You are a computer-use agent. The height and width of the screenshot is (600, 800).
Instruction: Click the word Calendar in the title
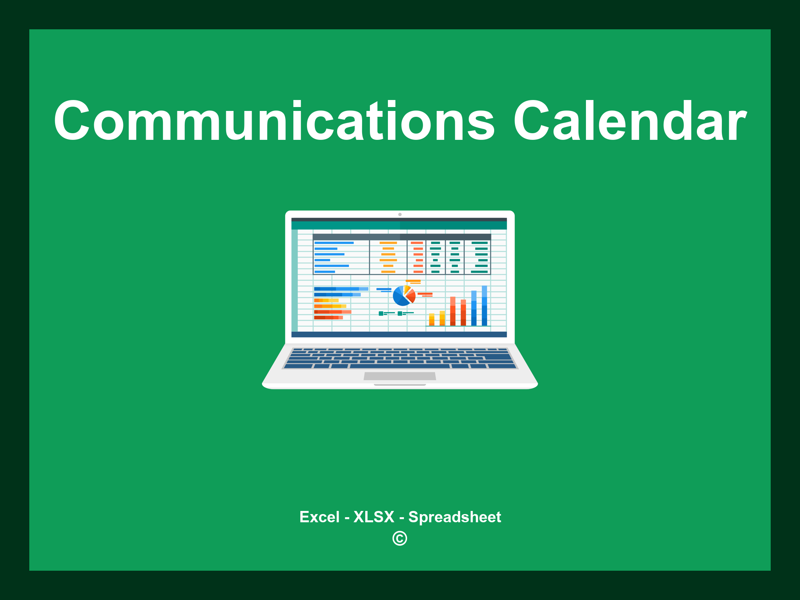[x=629, y=121]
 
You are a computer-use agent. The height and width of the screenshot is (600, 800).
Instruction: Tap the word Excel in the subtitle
[x=319, y=517]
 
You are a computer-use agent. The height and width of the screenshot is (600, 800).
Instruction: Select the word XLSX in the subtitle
[x=374, y=517]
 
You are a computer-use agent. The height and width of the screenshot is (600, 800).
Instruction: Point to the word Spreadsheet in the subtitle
[x=454, y=517]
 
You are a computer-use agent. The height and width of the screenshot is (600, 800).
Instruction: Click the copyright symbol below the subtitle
[x=400, y=539]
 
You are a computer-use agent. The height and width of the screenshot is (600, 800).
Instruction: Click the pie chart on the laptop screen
[x=404, y=296]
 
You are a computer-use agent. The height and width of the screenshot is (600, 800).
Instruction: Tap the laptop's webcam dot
[x=400, y=214]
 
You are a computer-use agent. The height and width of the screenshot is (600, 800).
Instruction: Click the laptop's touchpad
[x=400, y=376]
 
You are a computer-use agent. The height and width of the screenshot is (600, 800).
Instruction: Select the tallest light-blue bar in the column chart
[x=484, y=305]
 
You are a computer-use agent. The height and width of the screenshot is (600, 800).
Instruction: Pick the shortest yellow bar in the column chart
[x=432, y=320]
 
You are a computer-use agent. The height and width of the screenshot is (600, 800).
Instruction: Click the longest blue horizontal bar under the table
[x=341, y=289]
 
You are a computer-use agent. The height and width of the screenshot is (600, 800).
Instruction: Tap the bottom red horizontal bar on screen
[x=328, y=318]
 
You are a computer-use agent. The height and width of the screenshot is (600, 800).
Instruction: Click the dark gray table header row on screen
[x=402, y=237]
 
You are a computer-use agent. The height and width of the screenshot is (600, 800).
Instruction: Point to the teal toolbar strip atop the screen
[x=399, y=225]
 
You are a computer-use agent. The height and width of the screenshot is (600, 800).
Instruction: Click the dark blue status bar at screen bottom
[x=399, y=334]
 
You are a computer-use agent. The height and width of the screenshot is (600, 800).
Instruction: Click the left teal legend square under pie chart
[x=381, y=314]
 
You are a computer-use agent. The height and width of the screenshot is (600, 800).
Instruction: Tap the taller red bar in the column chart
[x=453, y=311]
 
